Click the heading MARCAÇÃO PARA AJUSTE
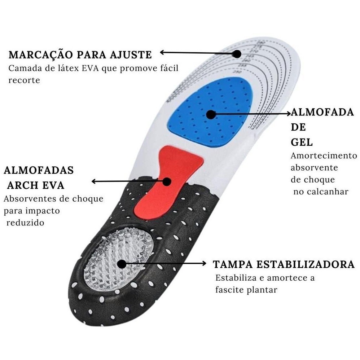tap(80, 55)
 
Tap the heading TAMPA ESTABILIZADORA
tap(284, 264)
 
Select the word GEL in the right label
tap(302, 142)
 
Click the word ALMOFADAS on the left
tap(39, 170)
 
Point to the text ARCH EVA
tap(36, 185)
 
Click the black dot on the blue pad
tap(211, 115)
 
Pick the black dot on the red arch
tap(166, 181)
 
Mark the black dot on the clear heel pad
tap(122, 264)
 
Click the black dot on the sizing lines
tap(237, 54)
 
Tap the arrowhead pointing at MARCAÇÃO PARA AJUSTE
tap(162, 53)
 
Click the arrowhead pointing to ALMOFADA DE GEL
tap(288, 114)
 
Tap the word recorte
tap(24, 80)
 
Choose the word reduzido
tap(25, 223)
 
